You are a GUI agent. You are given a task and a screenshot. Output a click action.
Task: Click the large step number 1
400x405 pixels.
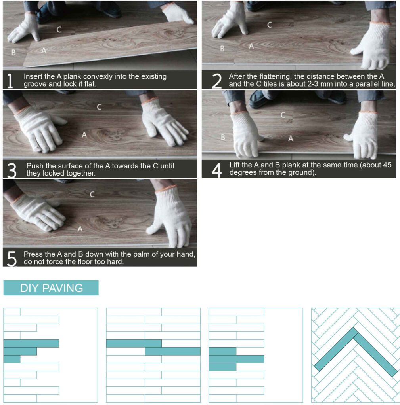[10, 81]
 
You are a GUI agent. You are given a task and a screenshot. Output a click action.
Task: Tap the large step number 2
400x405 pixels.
[217, 81]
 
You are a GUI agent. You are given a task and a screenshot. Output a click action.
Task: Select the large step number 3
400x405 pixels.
[11, 170]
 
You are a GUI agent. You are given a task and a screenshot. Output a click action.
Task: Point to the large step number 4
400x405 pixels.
[216, 170]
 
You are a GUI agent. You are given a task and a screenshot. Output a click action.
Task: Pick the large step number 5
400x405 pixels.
[11, 259]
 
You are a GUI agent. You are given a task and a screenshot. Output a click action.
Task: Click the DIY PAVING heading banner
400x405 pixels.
[51, 288]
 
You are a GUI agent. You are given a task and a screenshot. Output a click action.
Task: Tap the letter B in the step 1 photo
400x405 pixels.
[13, 53]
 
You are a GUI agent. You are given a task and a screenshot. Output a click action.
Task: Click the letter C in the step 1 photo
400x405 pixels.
[59, 30]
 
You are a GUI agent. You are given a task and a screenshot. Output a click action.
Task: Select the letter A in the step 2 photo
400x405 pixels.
[251, 46]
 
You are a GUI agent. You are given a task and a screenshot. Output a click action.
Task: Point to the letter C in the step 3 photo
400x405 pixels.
[99, 107]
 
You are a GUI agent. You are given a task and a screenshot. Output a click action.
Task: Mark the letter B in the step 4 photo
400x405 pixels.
[223, 137]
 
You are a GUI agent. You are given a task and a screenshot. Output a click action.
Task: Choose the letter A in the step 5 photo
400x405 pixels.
[80, 229]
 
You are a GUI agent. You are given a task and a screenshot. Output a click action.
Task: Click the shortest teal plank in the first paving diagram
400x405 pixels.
[12, 359]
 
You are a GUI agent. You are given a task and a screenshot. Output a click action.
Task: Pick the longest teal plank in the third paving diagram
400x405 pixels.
[236, 359]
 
